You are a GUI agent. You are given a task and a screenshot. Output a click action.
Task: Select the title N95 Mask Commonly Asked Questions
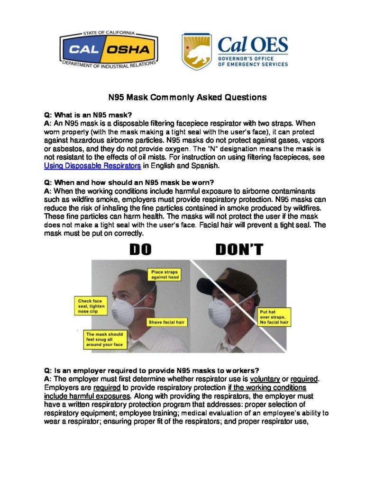pyautogui.click(x=188, y=98)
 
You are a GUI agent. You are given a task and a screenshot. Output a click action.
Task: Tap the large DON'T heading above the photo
pyautogui.click(x=239, y=250)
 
